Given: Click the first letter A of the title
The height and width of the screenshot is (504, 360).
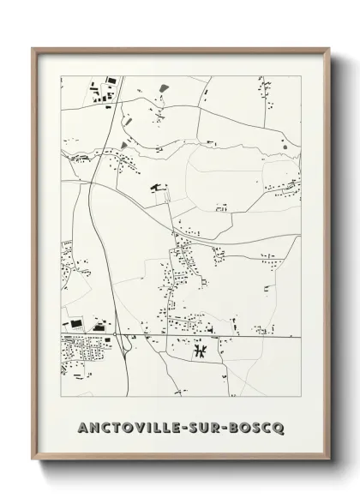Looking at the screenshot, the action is pos(82,426).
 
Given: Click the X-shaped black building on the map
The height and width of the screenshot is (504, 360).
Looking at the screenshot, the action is pos(199,350).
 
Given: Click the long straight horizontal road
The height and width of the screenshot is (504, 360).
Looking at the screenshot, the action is pos(214,336).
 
